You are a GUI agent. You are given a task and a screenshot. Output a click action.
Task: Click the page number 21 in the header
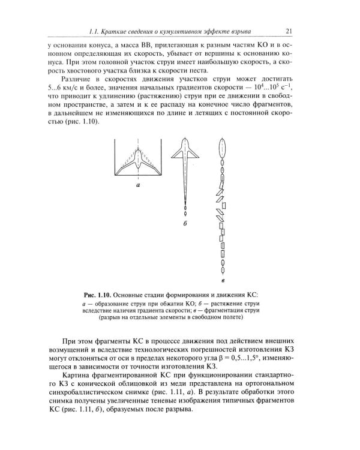click(289, 31)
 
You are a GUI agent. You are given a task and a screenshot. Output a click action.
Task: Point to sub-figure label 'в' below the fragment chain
click(223, 280)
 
